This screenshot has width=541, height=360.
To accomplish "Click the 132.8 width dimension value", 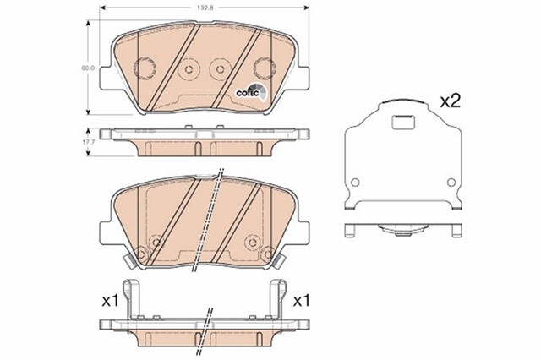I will (201, 8).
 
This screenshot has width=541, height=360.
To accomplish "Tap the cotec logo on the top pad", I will (251, 94).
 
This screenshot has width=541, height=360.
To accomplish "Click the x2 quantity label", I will (450, 101).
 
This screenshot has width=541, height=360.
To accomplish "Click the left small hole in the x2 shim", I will (361, 181).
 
